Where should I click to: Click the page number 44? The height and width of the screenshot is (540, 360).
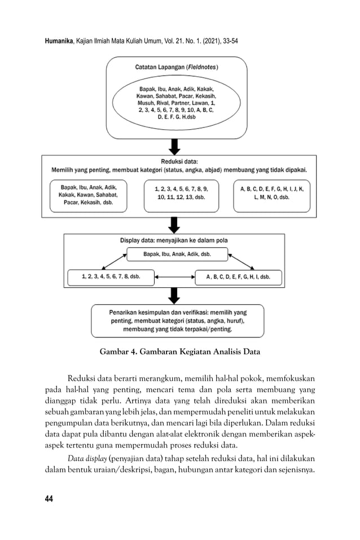[49, 498]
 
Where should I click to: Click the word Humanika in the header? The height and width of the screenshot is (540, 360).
[59, 42]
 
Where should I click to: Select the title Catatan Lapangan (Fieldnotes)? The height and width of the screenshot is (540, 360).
[177, 67]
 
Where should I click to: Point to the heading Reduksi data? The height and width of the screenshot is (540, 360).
[179, 161]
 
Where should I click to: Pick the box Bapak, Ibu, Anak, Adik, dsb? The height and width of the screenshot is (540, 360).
[177, 254]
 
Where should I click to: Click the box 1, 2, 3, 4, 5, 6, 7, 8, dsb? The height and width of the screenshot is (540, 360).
[111, 277]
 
